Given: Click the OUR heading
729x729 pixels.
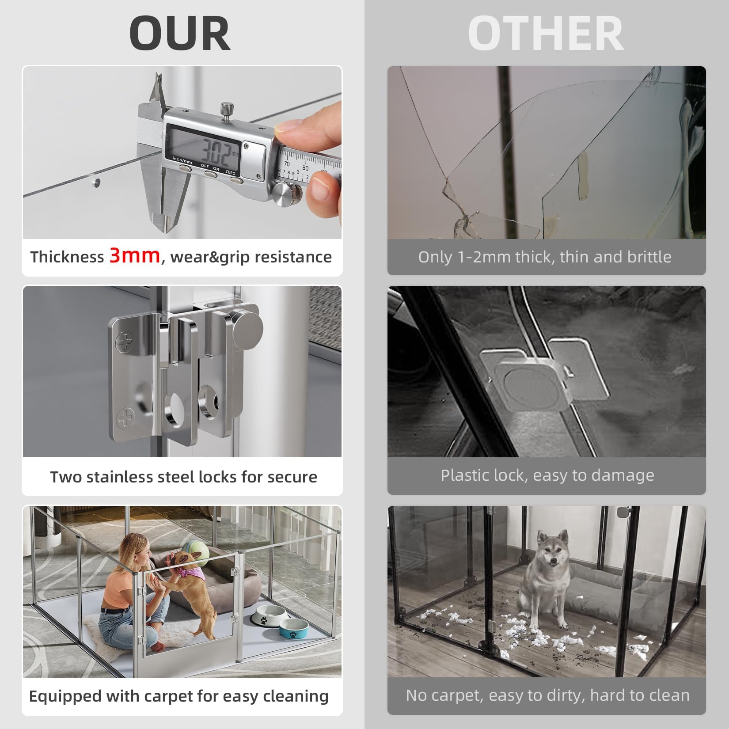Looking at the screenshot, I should pos(179,34).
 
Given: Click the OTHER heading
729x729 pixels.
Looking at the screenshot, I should pos(546,34).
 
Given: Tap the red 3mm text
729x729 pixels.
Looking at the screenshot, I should pos(135,255).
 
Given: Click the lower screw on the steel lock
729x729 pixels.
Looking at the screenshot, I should pos(125,418).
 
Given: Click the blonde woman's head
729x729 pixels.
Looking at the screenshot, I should pos(133,547).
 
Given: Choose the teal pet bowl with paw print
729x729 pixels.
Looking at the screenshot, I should pos(293,629).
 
